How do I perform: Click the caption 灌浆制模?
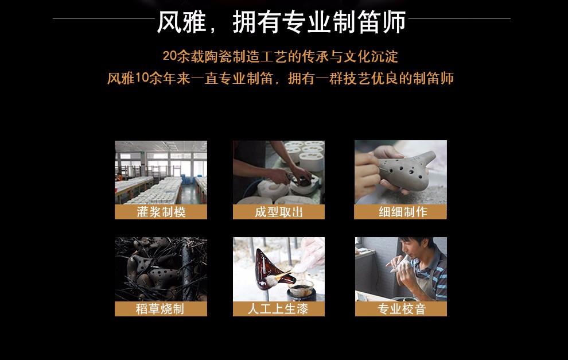[161, 212]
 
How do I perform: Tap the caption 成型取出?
[279, 212]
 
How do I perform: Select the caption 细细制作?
[403, 212]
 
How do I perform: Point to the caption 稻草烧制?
[159, 309]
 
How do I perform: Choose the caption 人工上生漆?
[278, 309]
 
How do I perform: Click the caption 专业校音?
[402, 309]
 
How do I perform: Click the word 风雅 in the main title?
[181, 22]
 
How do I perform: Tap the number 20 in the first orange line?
[169, 56]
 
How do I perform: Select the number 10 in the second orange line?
[142, 78]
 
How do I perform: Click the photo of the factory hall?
[161, 173]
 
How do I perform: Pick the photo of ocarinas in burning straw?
[161, 269]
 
